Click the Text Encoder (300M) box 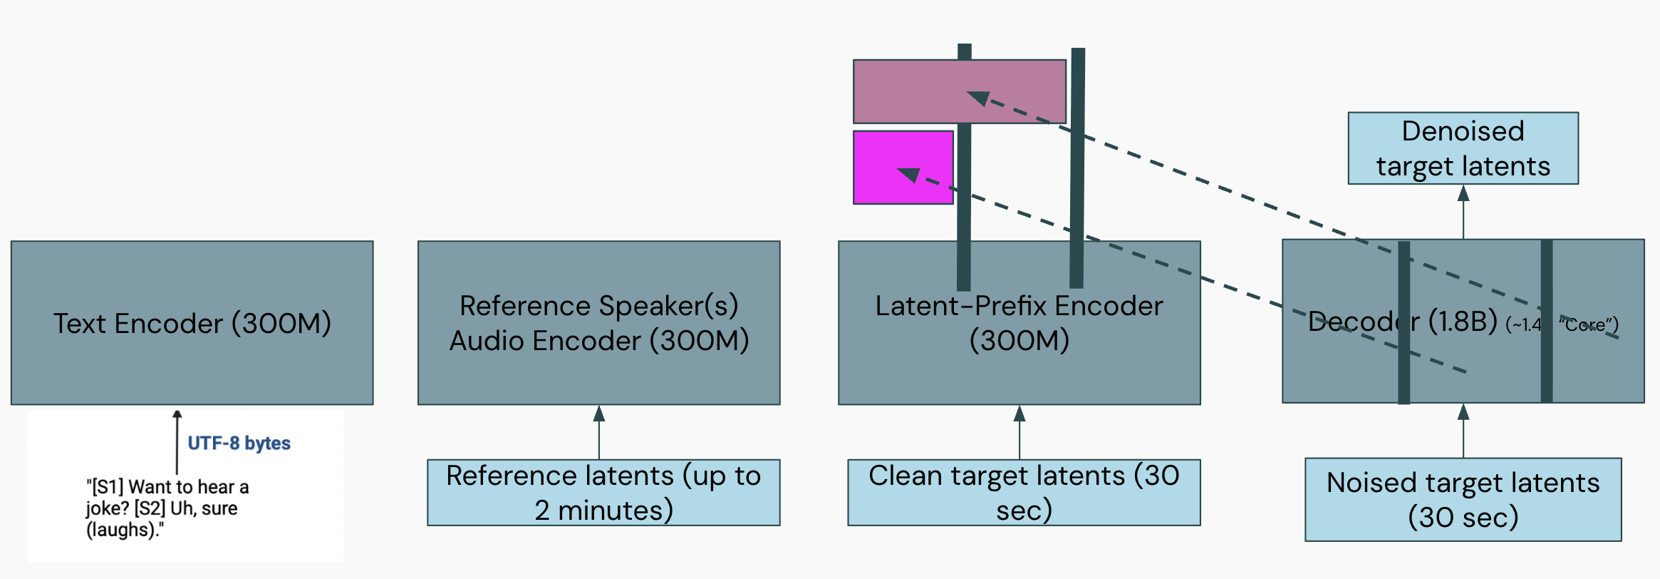click(x=192, y=323)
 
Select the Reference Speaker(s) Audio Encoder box click(x=598, y=323)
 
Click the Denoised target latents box click(x=1463, y=148)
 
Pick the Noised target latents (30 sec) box click(x=1463, y=500)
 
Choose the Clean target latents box click(x=1023, y=493)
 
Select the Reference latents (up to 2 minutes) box click(x=603, y=493)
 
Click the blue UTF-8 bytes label click(x=239, y=443)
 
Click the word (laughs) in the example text click(x=122, y=530)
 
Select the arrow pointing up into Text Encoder click(x=177, y=442)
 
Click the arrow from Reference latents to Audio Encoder click(x=599, y=432)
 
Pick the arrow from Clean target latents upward click(x=1020, y=432)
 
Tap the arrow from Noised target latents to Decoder click(x=1463, y=431)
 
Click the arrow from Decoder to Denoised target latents click(x=1463, y=212)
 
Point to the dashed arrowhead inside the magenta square click(x=910, y=174)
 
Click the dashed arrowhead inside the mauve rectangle click(x=979, y=97)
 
